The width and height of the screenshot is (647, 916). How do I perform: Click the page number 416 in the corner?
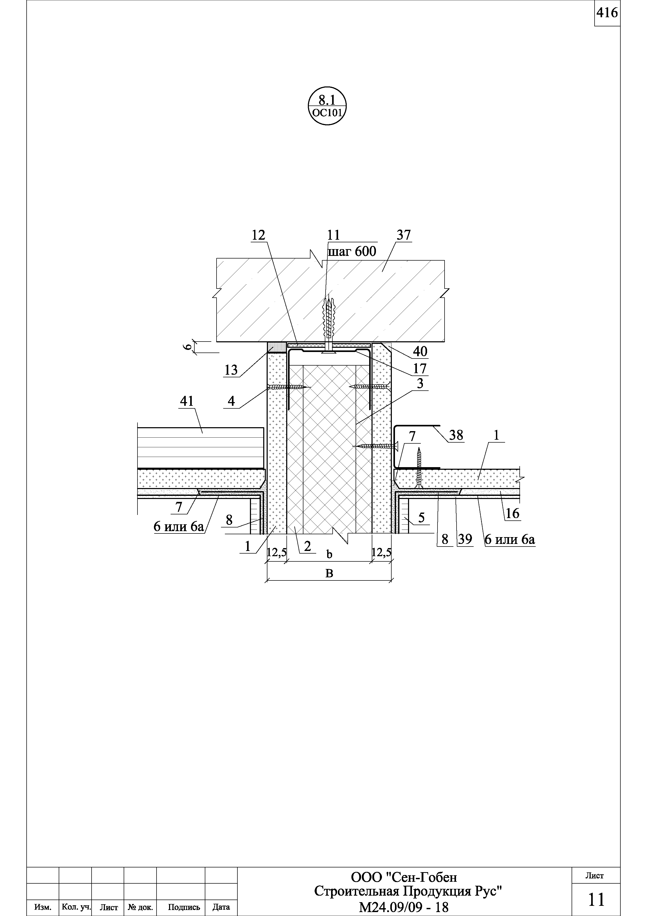click(x=607, y=13)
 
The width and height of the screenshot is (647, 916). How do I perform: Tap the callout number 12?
click(x=258, y=235)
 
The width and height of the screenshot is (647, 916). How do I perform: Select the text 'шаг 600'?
click(x=352, y=251)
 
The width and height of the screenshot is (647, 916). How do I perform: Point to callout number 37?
click(x=403, y=235)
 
